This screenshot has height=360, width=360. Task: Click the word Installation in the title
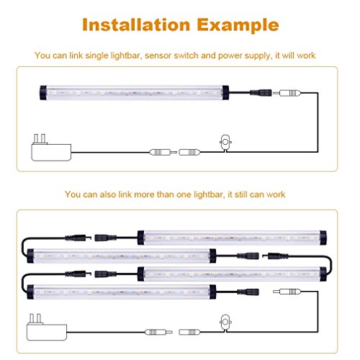tap(136, 24)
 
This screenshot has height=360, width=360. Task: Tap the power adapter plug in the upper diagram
tap(51, 148)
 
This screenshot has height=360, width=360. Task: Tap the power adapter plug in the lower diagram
tap(47, 328)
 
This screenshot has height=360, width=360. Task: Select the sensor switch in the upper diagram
tap(225, 143)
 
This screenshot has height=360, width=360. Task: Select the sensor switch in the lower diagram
tap(225, 323)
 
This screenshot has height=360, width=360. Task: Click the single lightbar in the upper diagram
tap(134, 93)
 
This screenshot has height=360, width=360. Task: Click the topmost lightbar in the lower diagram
tap(232, 238)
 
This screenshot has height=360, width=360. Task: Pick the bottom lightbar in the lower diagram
tap(122, 292)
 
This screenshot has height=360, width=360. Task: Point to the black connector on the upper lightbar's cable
tap(261, 92)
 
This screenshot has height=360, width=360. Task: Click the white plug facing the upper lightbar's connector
tap(287, 93)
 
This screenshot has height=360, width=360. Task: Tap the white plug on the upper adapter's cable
tap(163, 152)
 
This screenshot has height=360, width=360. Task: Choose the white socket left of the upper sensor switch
tap(189, 152)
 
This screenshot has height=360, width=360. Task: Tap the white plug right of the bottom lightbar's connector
tap(287, 292)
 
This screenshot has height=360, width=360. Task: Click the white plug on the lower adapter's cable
tap(158, 332)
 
